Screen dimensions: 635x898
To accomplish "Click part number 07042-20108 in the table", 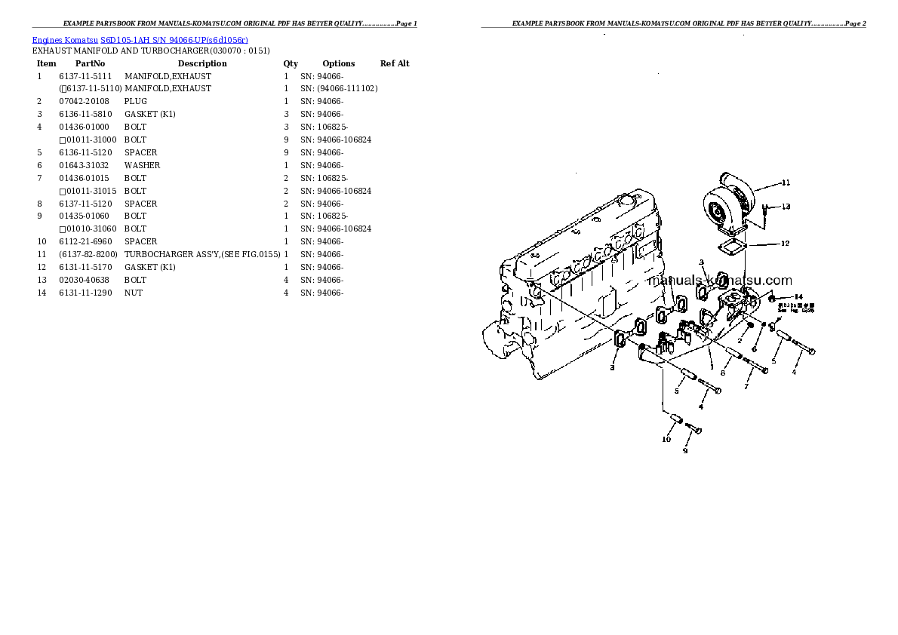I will click(x=84, y=101).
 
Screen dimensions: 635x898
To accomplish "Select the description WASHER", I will click(x=142, y=165).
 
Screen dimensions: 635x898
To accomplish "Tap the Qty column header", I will click(x=291, y=63).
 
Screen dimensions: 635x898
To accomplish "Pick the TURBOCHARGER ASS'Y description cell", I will click(x=202, y=254).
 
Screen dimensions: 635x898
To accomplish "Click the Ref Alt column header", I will click(x=395, y=63).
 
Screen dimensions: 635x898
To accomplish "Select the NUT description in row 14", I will click(x=133, y=293).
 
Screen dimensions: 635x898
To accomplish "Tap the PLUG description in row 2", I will click(x=136, y=101).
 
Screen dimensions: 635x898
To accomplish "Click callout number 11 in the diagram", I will click(x=786, y=183).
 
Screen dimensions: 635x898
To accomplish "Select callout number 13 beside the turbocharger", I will click(x=786, y=207).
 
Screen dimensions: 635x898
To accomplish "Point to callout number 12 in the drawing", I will click(x=785, y=244).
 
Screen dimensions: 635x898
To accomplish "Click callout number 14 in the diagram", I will click(x=798, y=297).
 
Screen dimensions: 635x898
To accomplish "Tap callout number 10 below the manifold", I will click(x=666, y=439).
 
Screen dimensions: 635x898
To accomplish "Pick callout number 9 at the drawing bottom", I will click(x=685, y=451).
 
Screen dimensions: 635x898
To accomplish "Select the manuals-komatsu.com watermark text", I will click(x=720, y=281).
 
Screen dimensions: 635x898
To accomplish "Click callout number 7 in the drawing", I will click(x=746, y=387).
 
